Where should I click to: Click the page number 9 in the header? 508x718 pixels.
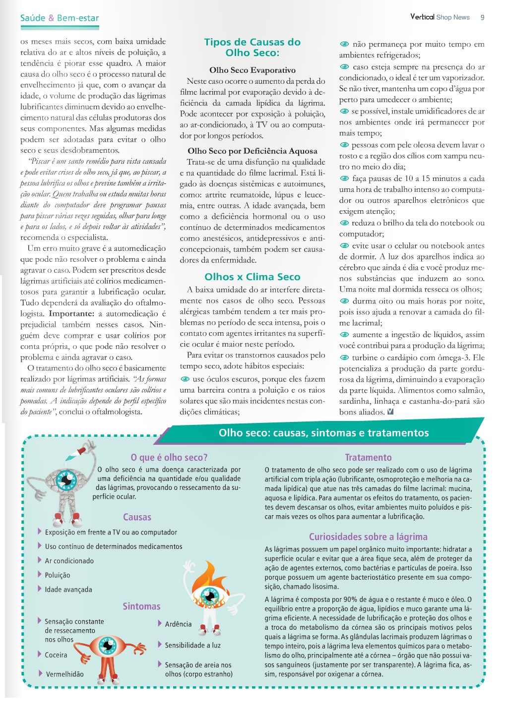(x=482, y=17)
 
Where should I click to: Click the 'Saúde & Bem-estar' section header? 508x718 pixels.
(x=60, y=18)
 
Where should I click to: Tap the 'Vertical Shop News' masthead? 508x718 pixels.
(x=440, y=17)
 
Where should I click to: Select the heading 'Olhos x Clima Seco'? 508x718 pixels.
(x=252, y=277)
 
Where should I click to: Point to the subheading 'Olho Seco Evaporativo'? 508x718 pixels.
(x=252, y=70)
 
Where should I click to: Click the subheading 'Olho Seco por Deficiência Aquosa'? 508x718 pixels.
(x=252, y=151)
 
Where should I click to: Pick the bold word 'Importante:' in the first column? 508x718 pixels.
(x=71, y=313)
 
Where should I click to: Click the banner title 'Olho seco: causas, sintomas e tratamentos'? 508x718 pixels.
(x=323, y=433)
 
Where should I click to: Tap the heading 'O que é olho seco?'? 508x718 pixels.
(x=169, y=457)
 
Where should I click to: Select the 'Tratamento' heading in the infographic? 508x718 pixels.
(x=368, y=457)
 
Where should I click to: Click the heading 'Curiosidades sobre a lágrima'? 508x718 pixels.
(x=368, y=537)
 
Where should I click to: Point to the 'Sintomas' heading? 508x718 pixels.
(x=141, y=606)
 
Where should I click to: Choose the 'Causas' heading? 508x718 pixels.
(x=137, y=517)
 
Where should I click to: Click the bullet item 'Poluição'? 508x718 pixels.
(x=58, y=575)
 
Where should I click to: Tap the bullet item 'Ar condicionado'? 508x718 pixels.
(x=69, y=561)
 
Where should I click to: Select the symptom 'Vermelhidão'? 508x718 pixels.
(x=64, y=674)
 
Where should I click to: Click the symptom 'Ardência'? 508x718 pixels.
(x=178, y=624)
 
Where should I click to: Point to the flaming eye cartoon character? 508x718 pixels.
(x=210, y=595)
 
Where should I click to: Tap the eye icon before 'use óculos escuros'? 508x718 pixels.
(x=186, y=379)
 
